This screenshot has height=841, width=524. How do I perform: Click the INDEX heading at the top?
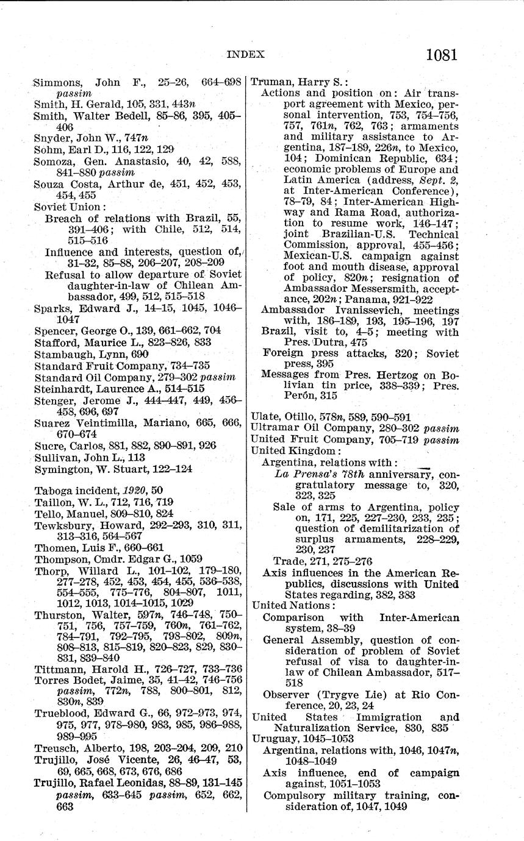tap(246, 54)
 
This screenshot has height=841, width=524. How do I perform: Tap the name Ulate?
tap(265, 417)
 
